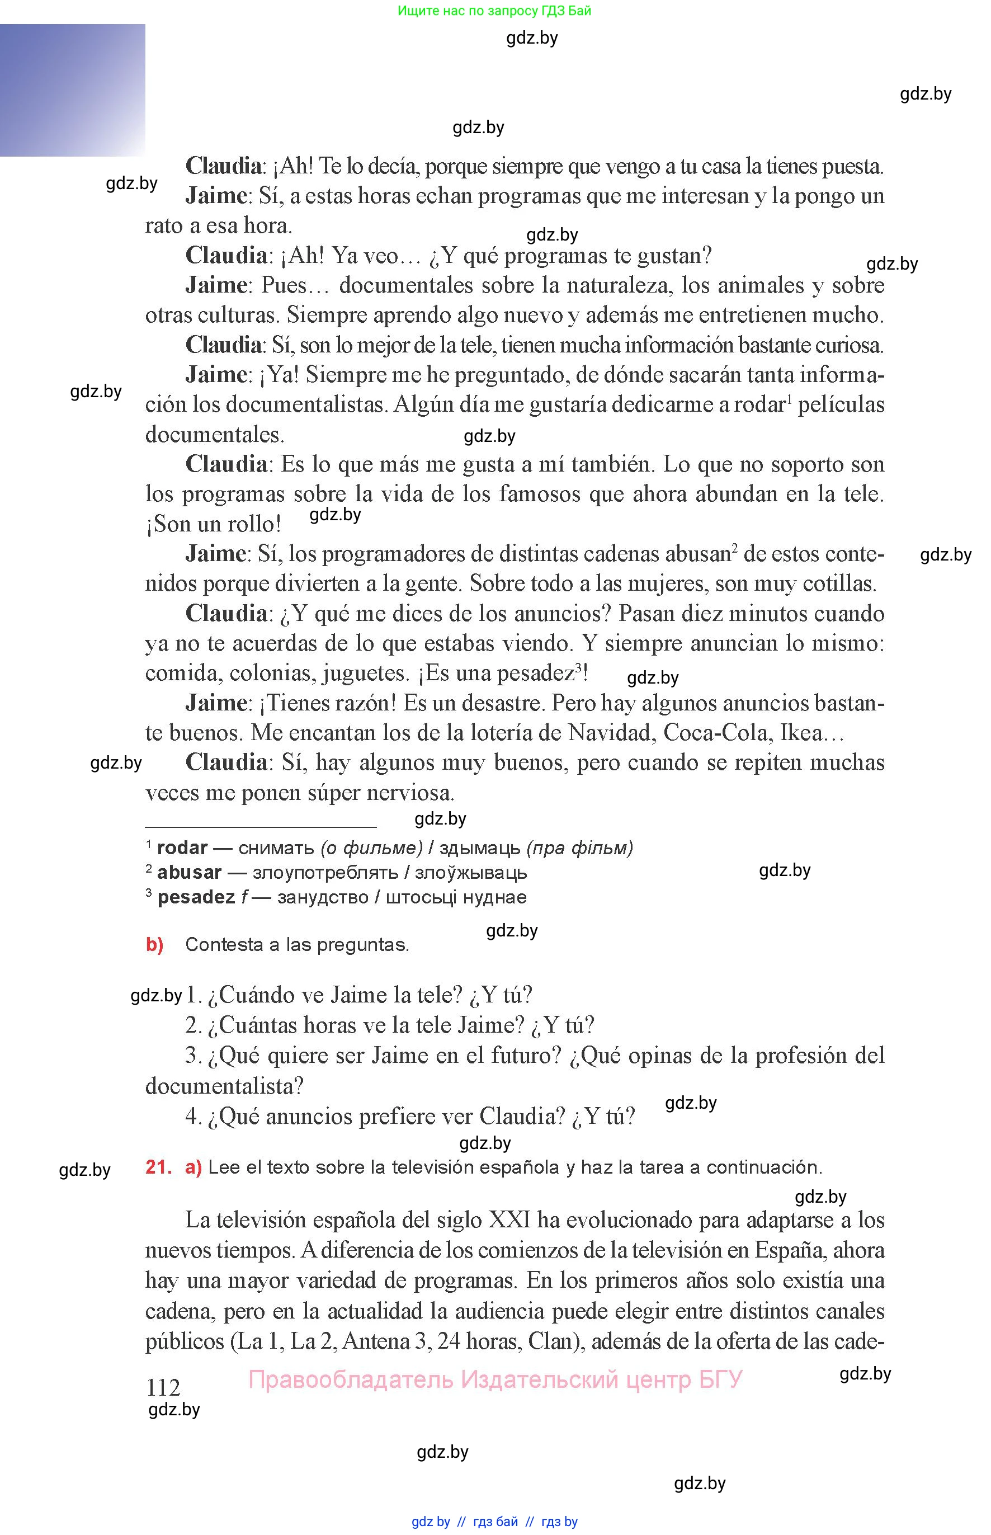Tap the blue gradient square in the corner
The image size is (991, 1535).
72,90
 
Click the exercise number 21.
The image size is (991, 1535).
158,1167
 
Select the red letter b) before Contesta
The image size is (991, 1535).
154,944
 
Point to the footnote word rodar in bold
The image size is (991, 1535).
182,847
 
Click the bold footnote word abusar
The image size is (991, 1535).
189,872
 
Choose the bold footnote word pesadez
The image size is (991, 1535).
196,897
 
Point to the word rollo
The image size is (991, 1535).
252,524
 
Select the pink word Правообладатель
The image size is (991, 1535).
351,1380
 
